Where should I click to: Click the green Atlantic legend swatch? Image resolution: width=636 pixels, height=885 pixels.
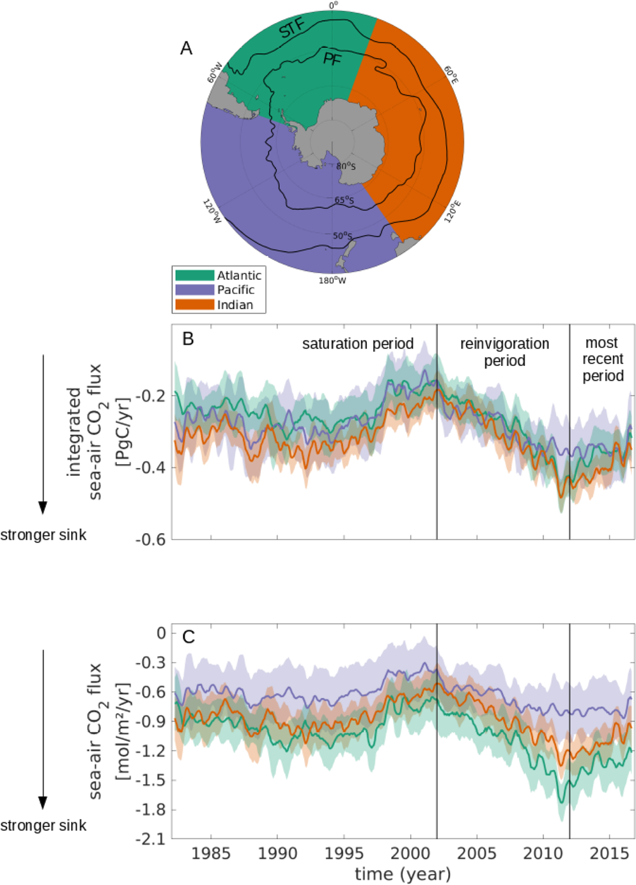pos(194,275)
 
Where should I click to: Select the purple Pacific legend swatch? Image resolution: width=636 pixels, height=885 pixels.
pos(194,290)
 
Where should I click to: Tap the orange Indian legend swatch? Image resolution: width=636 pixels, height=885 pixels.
pos(194,305)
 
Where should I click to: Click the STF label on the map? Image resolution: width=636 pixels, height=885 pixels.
pos(293,29)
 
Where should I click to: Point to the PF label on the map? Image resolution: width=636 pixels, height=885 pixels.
pos(332,60)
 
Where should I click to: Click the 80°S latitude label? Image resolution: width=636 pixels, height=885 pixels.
pos(346,166)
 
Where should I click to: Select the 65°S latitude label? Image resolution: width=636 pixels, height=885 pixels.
pos(344,200)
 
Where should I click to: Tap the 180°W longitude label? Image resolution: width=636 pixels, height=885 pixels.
pos(332,280)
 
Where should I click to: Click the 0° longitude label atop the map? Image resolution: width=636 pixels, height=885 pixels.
pos(333,6)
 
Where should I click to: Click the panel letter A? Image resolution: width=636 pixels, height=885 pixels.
pos(186,49)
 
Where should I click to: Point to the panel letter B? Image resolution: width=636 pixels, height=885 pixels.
pos(188,338)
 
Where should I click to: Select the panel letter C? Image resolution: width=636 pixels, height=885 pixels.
pos(189,637)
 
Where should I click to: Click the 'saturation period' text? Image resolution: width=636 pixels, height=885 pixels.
pos(357,344)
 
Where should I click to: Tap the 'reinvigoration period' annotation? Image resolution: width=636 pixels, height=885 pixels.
pos(504,352)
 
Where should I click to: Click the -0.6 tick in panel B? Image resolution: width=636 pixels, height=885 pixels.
pos(150,540)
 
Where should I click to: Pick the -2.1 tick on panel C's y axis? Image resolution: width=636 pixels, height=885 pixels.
pos(150,838)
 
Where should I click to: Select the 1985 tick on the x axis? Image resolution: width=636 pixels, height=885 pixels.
pos(211,854)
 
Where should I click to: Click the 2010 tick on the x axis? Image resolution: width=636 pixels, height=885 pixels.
pos(543,854)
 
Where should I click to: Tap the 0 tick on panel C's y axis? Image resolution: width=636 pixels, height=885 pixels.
pos(161,633)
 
